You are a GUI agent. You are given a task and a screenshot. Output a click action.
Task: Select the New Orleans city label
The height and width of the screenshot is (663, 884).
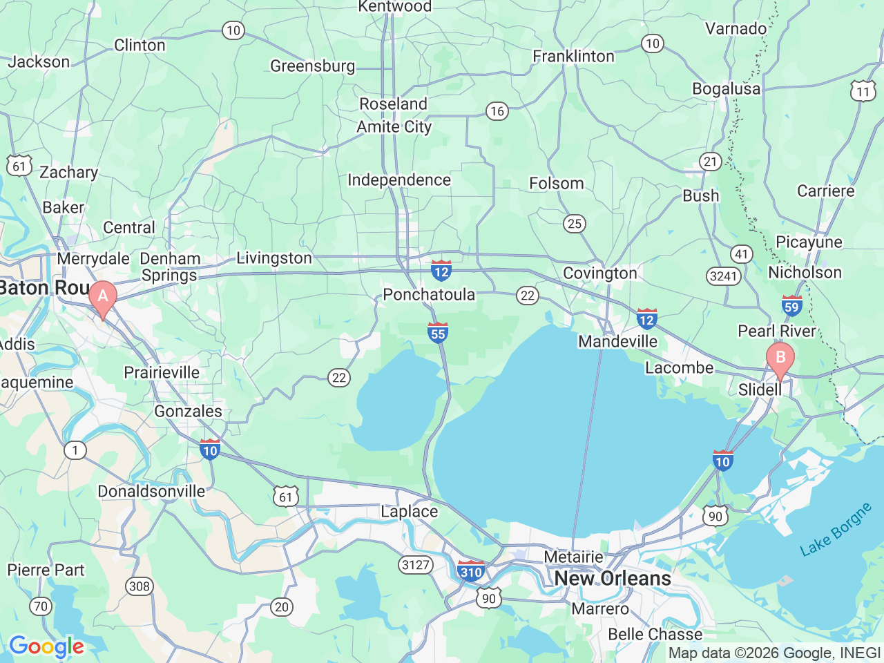pyautogui.click(x=613, y=578)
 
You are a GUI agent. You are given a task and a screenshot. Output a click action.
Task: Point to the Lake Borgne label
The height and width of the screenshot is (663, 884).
pyautogui.click(x=836, y=530)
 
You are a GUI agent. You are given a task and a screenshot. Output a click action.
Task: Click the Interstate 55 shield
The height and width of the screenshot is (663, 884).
pyautogui.click(x=438, y=332)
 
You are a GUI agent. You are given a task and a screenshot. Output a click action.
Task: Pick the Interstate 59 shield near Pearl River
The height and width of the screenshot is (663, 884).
pyautogui.click(x=791, y=306)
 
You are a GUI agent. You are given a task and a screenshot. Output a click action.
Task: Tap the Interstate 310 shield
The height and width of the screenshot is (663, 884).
pyautogui.click(x=471, y=571)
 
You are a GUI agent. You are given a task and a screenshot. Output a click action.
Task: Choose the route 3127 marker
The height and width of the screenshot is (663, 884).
pyautogui.click(x=416, y=565)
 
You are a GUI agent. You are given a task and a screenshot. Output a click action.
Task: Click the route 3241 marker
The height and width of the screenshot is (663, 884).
pyautogui.click(x=724, y=276)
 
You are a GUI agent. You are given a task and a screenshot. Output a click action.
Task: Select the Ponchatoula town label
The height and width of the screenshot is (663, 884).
pyautogui.click(x=429, y=294)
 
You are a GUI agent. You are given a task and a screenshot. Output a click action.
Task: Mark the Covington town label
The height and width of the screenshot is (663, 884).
pyautogui.click(x=600, y=273)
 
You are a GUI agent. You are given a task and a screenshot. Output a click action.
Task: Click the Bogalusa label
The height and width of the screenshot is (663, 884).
pyautogui.click(x=726, y=89)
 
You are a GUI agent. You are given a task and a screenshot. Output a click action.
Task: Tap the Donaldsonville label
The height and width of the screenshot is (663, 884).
pyautogui.click(x=151, y=491)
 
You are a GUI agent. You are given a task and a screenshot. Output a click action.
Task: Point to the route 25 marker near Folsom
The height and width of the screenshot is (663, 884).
pyautogui.click(x=574, y=223)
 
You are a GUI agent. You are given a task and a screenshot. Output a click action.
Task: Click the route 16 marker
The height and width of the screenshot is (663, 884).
pyautogui.click(x=497, y=111)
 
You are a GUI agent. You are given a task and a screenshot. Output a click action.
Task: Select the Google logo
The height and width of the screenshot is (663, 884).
pyautogui.click(x=46, y=647)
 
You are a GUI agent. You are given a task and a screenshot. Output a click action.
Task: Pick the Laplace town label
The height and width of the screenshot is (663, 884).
pyautogui.click(x=410, y=511)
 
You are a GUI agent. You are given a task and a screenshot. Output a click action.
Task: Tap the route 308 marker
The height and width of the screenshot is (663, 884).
pyautogui.click(x=139, y=586)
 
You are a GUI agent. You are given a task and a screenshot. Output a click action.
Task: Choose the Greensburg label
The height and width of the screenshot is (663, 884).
pyautogui.click(x=313, y=66)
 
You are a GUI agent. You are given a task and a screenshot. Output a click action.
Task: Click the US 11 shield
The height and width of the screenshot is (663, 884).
pyautogui.click(x=863, y=91)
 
